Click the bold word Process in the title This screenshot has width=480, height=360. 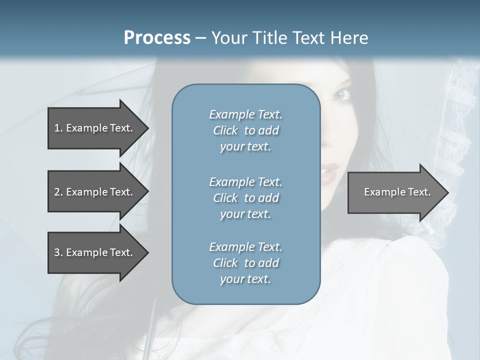coord(157,38)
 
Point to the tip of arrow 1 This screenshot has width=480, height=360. coord(147,128)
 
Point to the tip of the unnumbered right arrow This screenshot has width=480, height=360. coord(447,192)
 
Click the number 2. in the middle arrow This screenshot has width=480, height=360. coord(58,192)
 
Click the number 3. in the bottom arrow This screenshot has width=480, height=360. coord(58,252)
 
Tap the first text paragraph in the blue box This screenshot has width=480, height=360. coord(245,130)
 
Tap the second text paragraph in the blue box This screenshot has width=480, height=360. coord(245,198)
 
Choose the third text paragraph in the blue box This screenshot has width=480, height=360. coord(245,263)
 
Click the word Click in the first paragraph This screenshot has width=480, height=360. coord(225,131)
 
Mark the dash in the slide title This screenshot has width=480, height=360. coord(201,38)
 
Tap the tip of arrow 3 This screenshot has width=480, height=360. coord(147,252)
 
